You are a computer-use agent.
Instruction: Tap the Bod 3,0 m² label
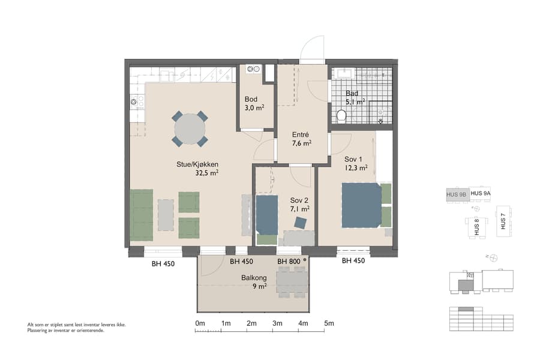[254, 103]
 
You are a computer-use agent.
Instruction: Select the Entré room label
[301, 139]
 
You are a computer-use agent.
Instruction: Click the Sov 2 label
[299, 205]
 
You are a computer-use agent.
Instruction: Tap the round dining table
[190, 128]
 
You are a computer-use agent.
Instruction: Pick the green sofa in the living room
[142, 214]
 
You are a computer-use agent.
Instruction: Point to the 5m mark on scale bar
[328, 324]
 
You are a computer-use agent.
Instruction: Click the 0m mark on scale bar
[200, 324]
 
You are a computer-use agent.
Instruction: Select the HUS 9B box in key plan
[456, 194]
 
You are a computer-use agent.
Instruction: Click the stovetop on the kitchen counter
[134, 102]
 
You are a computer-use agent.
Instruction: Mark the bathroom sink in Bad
[344, 74]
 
